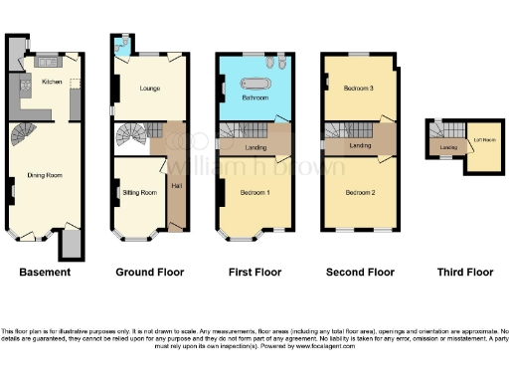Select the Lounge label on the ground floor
pyautogui.click(x=150, y=89)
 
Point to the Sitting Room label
pyautogui.click(x=139, y=192)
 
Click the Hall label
pyautogui.click(x=176, y=185)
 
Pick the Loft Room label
pyautogui.click(x=483, y=140)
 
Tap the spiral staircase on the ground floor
pyautogui.click(x=129, y=134)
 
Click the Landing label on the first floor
pyautogui.click(x=254, y=149)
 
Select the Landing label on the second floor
pyautogui.click(x=361, y=146)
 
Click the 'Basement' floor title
pyautogui.click(x=45, y=272)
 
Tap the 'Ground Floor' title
pyautogui.click(x=149, y=272)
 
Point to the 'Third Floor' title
pyautogui.click(x=465, y=272)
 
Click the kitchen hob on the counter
pyautogui.click(x=46, y=63)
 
